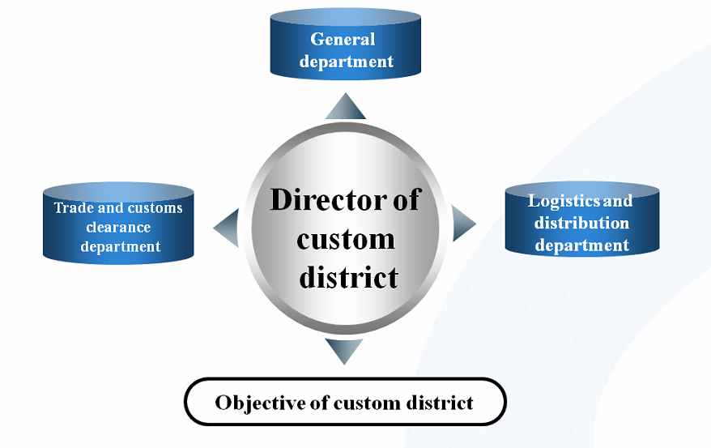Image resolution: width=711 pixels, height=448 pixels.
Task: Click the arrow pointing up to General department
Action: [x=346, y=108]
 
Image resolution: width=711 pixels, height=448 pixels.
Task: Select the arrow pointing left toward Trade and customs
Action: [x=228, y=228]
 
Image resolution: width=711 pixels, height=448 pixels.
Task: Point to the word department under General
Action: [x=346, y=61]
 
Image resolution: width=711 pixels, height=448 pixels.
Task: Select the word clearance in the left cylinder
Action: [x=119, y=227]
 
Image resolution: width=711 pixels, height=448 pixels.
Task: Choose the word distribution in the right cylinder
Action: [x=581, y=222]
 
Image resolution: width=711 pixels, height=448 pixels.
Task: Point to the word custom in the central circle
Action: [x=346, y=239]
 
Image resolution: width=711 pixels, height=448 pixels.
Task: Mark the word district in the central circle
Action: [x=348, y=277]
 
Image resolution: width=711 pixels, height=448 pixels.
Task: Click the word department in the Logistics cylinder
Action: [x=581, y=245]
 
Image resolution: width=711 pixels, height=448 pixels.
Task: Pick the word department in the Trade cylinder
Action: [x=121, y=246]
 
